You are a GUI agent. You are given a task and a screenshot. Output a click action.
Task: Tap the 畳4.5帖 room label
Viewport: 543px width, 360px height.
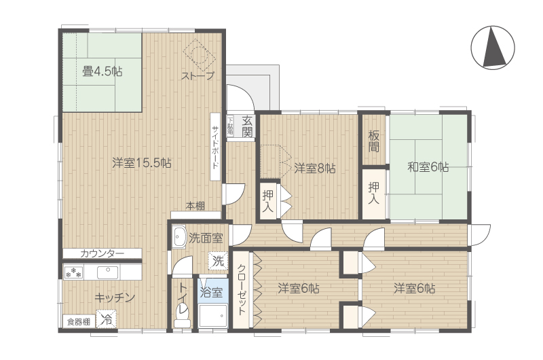pos(102,72)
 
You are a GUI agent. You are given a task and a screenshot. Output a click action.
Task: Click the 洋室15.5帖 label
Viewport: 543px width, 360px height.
pos(142,163)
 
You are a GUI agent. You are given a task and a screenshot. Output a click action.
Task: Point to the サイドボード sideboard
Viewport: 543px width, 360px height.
pos(215,147)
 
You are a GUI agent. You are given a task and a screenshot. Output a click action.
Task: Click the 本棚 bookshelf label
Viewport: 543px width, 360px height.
pos(195,206)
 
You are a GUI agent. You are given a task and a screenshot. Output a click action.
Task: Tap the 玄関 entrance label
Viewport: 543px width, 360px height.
pos(247,126)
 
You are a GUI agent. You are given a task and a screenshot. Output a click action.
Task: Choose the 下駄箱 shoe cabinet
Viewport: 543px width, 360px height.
pos(231,126)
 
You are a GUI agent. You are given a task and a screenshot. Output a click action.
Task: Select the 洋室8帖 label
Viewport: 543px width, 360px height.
pos(315,168)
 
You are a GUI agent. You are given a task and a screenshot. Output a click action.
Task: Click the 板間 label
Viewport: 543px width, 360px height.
pos(374,141)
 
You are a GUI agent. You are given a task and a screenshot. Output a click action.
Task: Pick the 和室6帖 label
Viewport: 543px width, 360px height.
pos(428,167)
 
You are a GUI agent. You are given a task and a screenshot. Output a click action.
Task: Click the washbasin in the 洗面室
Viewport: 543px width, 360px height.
pos(179,236)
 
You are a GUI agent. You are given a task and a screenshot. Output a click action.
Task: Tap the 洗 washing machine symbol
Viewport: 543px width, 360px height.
pos(218,261)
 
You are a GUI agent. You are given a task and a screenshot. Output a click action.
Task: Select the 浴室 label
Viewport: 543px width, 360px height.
pos(211,292)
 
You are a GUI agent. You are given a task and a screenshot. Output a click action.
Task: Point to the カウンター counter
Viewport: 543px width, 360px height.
pos(102,253)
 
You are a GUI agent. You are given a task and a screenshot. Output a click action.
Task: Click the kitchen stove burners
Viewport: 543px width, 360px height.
pos(73,272)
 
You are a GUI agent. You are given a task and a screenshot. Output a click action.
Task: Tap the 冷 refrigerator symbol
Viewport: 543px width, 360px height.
pos(107,319)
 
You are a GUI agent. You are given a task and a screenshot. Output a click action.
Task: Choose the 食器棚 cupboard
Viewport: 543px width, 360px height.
pos(79,322)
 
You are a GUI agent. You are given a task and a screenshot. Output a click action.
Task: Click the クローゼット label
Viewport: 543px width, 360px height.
pos(241,289)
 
